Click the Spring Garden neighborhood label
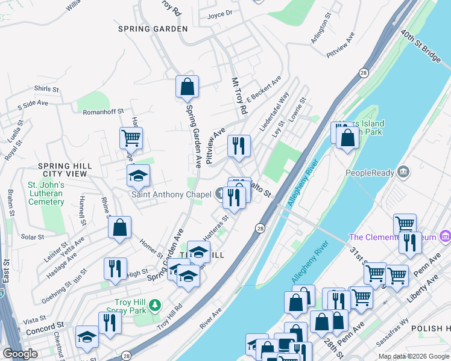point(153,29)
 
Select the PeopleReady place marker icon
point(403,173)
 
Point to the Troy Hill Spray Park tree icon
point(155,306)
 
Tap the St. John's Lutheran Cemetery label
point(46,193)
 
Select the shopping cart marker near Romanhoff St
point(130,138)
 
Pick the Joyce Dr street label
point(219,14)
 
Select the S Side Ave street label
point(33,104)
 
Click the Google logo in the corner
point(20,354)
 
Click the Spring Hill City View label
point(65,170)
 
